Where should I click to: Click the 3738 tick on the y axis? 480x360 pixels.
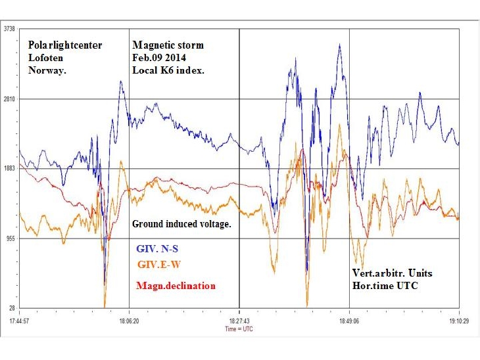[10, 29]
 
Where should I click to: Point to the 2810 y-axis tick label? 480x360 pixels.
[10, 99]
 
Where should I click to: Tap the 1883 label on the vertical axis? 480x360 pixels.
[10, 169]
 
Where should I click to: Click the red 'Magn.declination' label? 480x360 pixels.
[176, 286]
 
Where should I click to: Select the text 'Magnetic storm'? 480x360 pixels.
[168, 45]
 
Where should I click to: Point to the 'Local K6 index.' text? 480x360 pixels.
[169, 70]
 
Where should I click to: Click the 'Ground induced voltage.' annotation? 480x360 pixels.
[181, 224]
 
